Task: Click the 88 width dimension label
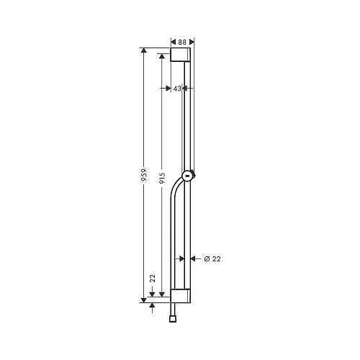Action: (x=182, y=42)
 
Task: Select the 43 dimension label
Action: (x=177, y=89)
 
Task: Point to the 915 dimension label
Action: (x=162, y=178)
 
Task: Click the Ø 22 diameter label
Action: (x=212, y=258)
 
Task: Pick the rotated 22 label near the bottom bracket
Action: (x=153, y=279)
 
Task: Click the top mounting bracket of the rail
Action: (x=181, y=55)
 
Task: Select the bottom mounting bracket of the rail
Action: (x=181, y=296)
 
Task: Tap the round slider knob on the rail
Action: (x=188, y=176)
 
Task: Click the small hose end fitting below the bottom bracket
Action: (x=173, y=319)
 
